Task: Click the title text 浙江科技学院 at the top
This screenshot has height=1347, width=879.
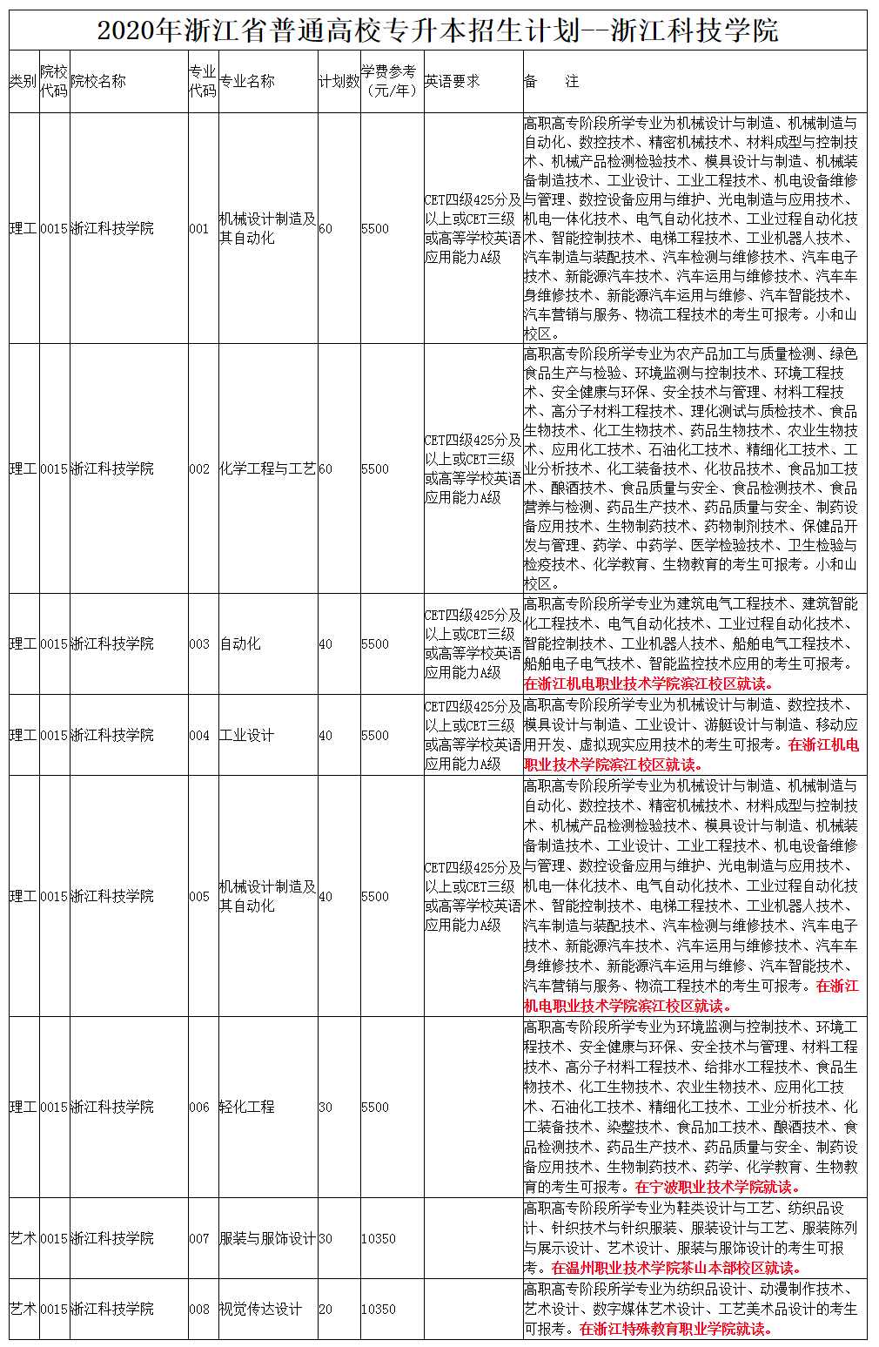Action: point(694,31)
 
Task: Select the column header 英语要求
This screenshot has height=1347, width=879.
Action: point(452,82)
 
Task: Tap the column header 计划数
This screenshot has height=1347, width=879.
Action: point(339,82)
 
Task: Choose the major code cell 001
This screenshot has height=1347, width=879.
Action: point(199,229)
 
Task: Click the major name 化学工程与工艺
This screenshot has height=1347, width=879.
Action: point(267,469)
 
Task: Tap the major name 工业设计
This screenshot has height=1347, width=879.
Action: point(246,736)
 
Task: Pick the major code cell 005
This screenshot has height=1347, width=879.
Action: point(199,897)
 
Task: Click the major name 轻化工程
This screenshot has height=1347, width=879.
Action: point(246,1108)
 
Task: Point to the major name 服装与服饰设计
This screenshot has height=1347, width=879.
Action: point(267,1239)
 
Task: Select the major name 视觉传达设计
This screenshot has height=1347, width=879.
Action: point(260,1310)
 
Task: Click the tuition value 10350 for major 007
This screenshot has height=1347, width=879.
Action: point(379,1239)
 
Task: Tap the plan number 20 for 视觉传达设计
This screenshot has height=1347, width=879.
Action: point(325,1310)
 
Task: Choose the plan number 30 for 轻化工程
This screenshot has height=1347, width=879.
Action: point(325,1108)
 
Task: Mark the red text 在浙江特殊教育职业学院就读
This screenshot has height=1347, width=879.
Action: point(675,1330)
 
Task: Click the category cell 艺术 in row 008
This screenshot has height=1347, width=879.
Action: point(23,1310)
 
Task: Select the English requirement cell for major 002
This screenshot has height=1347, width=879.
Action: point(473,469)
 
